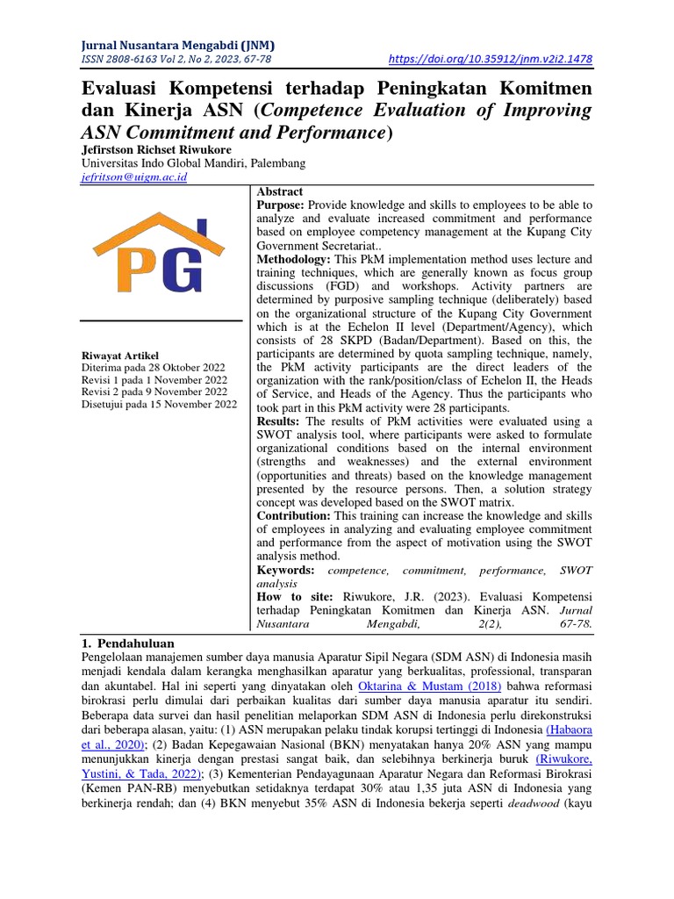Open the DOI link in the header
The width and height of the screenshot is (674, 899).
(490, 60)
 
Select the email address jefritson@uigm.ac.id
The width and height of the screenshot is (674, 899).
(133, 176)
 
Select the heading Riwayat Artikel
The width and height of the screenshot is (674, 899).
(119, 355)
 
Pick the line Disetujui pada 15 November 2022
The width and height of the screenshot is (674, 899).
(158, 404)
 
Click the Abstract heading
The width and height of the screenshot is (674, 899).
(279, 191)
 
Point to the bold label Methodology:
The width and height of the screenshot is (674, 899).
(293, 260)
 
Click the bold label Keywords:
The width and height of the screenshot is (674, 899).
(285, 570)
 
